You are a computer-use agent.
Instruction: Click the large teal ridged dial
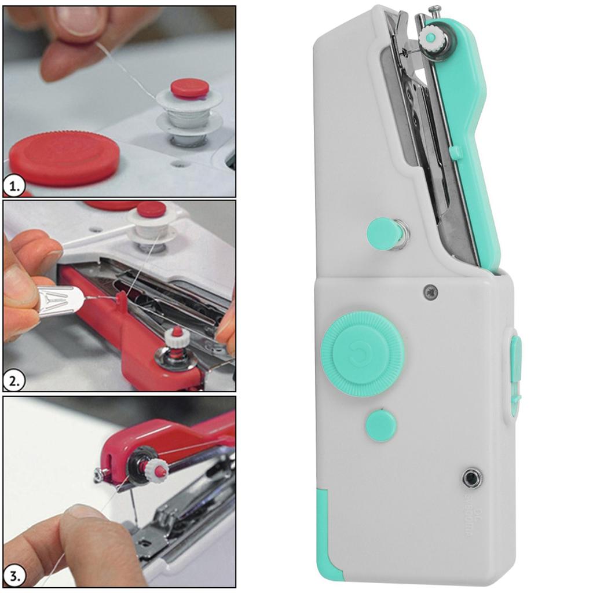[x=362, y=354]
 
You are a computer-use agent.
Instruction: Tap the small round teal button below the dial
[x=381, y=425]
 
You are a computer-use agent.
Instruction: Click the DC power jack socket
[x=472, y=478]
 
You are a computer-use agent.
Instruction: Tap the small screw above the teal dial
[x=430, y=292]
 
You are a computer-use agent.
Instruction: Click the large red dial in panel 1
[x=64, y=158]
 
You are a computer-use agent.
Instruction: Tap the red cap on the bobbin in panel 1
[x=190, y=88]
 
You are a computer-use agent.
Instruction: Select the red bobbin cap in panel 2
[x=151, y=209]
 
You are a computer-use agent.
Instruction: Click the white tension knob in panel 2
[x=177, y=337]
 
